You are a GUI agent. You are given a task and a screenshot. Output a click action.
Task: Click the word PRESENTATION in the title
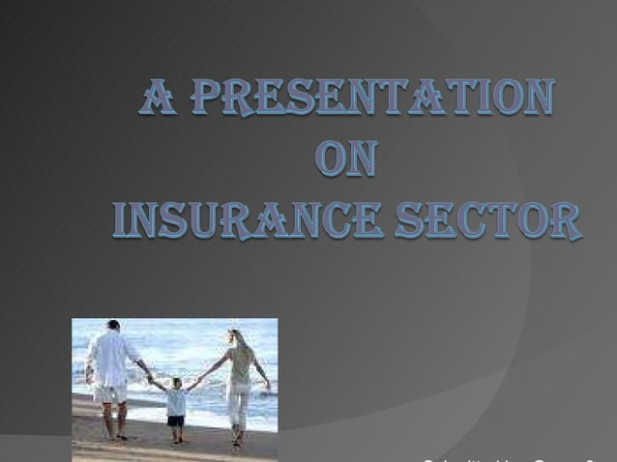[x=375, y=100]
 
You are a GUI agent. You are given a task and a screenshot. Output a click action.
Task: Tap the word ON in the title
[x=346, y=160]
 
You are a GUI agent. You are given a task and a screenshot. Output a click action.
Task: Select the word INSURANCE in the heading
[x=249, y=220]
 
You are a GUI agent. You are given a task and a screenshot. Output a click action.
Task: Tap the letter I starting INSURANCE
[x=120, y=220]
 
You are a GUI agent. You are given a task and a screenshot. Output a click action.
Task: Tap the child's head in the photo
[x=176, y=383]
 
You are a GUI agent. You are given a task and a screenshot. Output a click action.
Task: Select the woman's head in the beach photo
[x=234, y=336]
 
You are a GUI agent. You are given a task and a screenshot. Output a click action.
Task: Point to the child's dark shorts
[x=176, y=419]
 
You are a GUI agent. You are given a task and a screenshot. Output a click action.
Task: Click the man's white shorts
[x=111, y=392]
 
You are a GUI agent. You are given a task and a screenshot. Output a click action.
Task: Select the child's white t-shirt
[x=176, y=401]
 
